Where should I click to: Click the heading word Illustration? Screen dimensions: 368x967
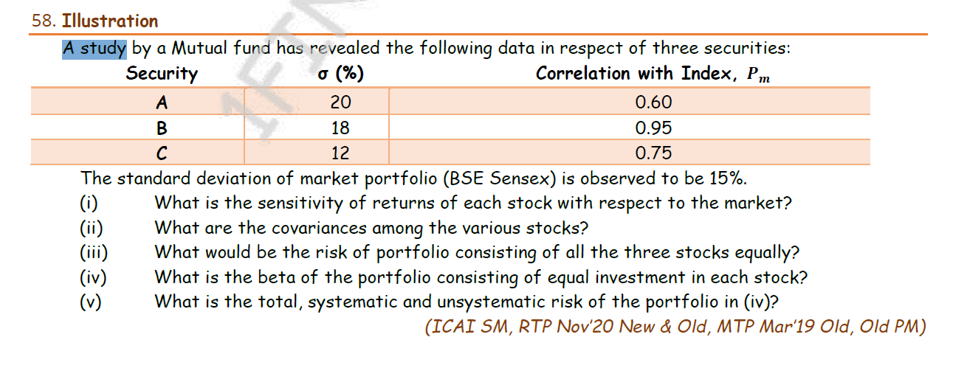111,21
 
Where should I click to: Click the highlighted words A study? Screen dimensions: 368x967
94,49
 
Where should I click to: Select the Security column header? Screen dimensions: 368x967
162,74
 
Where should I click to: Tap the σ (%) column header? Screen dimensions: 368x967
340,74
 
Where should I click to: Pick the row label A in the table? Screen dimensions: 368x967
162,102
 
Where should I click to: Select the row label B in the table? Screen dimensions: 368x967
162,128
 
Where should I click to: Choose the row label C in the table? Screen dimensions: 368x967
162,153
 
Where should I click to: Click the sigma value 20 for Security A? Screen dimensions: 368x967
340,102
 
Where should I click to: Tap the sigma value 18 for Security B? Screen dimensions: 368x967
340,128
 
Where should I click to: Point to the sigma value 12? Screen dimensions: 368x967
340,153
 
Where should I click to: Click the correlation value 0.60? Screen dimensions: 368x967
654,102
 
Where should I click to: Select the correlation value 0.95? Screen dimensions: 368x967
654,128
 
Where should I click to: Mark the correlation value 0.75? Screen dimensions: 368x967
654,153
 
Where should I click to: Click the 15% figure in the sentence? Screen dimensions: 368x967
728,178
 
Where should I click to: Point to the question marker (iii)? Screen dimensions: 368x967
94,253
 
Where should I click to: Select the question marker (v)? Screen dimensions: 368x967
92,302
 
